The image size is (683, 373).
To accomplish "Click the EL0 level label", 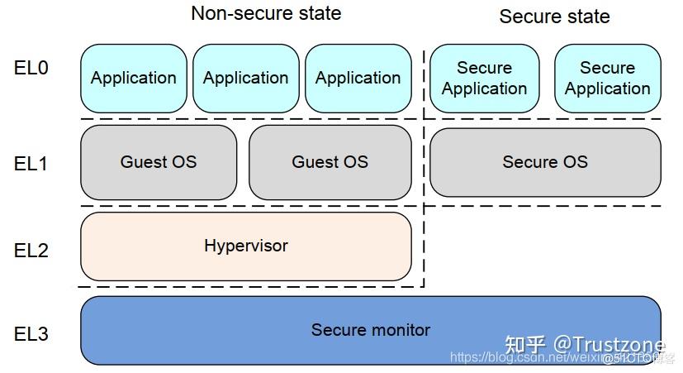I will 31,69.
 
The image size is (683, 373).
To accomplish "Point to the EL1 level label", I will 31,163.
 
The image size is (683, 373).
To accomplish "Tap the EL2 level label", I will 31,249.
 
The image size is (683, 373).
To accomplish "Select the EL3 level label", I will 31,334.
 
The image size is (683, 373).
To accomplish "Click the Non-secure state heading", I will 265,13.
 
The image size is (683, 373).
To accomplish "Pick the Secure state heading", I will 554,17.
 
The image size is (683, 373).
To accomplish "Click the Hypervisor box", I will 245,246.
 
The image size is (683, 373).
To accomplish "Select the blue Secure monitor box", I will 370,329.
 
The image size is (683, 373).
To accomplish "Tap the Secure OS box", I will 545,162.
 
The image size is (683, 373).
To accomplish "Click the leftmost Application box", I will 134,78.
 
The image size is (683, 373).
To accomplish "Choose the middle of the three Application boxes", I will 245,78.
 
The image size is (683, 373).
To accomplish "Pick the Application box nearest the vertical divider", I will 358,78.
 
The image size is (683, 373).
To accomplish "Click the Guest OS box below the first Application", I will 159,162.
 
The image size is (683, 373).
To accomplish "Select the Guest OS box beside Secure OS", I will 330,162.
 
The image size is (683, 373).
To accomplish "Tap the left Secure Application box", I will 484,78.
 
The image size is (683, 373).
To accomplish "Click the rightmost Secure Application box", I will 607,78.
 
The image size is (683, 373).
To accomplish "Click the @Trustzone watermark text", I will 609,343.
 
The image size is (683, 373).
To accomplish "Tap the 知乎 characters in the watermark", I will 525,344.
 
